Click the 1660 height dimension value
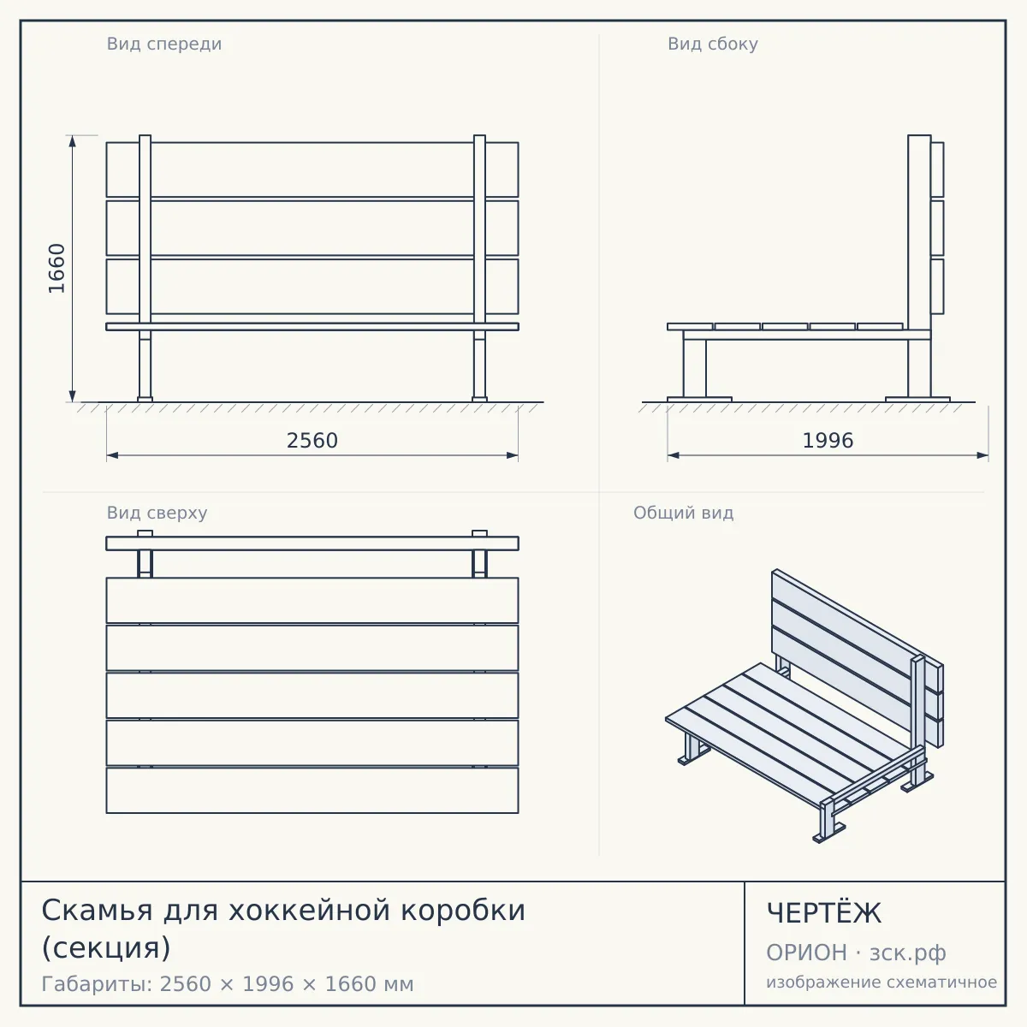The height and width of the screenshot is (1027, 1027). pyautogui.click(x=56, y=268)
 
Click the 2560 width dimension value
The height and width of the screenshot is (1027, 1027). pyautogui.click(x=312, y=441)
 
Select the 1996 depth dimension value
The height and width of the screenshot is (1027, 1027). pyautogui.click(x=828, y=441)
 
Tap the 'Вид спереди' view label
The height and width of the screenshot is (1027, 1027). pyautogui.click(x=164, y=44)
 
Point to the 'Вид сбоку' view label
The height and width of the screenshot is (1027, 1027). pyautogui.click(x=713, y=44)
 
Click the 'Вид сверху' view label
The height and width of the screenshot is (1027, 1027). pyautogui.click(x=157, y=513)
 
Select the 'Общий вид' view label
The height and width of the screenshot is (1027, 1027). pyautogui.click(x=683, y=513)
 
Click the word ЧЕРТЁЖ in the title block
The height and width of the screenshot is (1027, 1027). pyautogui.click(x=824, y=913)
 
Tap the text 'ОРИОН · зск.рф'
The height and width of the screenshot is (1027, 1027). pyautogui.click(x=856, y=953)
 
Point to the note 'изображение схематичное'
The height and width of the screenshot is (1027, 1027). pyautogui.click(x=882, y=982)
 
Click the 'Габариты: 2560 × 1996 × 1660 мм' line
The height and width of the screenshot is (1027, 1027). pyautogui.click(x=228, y=984)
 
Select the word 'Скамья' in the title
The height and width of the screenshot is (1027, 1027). pyautogui.click(x=97, y=911)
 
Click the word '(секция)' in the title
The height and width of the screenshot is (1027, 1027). pyautogui.click(x=106, y=947)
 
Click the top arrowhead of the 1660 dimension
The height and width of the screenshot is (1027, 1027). pyautogui.click(x=73, y=140)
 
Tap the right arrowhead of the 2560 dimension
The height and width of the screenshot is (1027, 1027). pyautogui.click(x=512, y=455)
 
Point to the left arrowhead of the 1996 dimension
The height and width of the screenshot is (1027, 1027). pyautogui.click(x=674, y=455)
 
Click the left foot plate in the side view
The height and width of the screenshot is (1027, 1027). pyautogui.click(x=699, y=399)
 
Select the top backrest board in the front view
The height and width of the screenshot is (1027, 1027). pyautogui.click(x=312, y=169)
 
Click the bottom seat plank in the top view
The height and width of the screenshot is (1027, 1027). pyautogui.click(x=312, y=791)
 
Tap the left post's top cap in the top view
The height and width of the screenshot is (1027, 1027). pyautogui.click(x=145, y=533)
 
